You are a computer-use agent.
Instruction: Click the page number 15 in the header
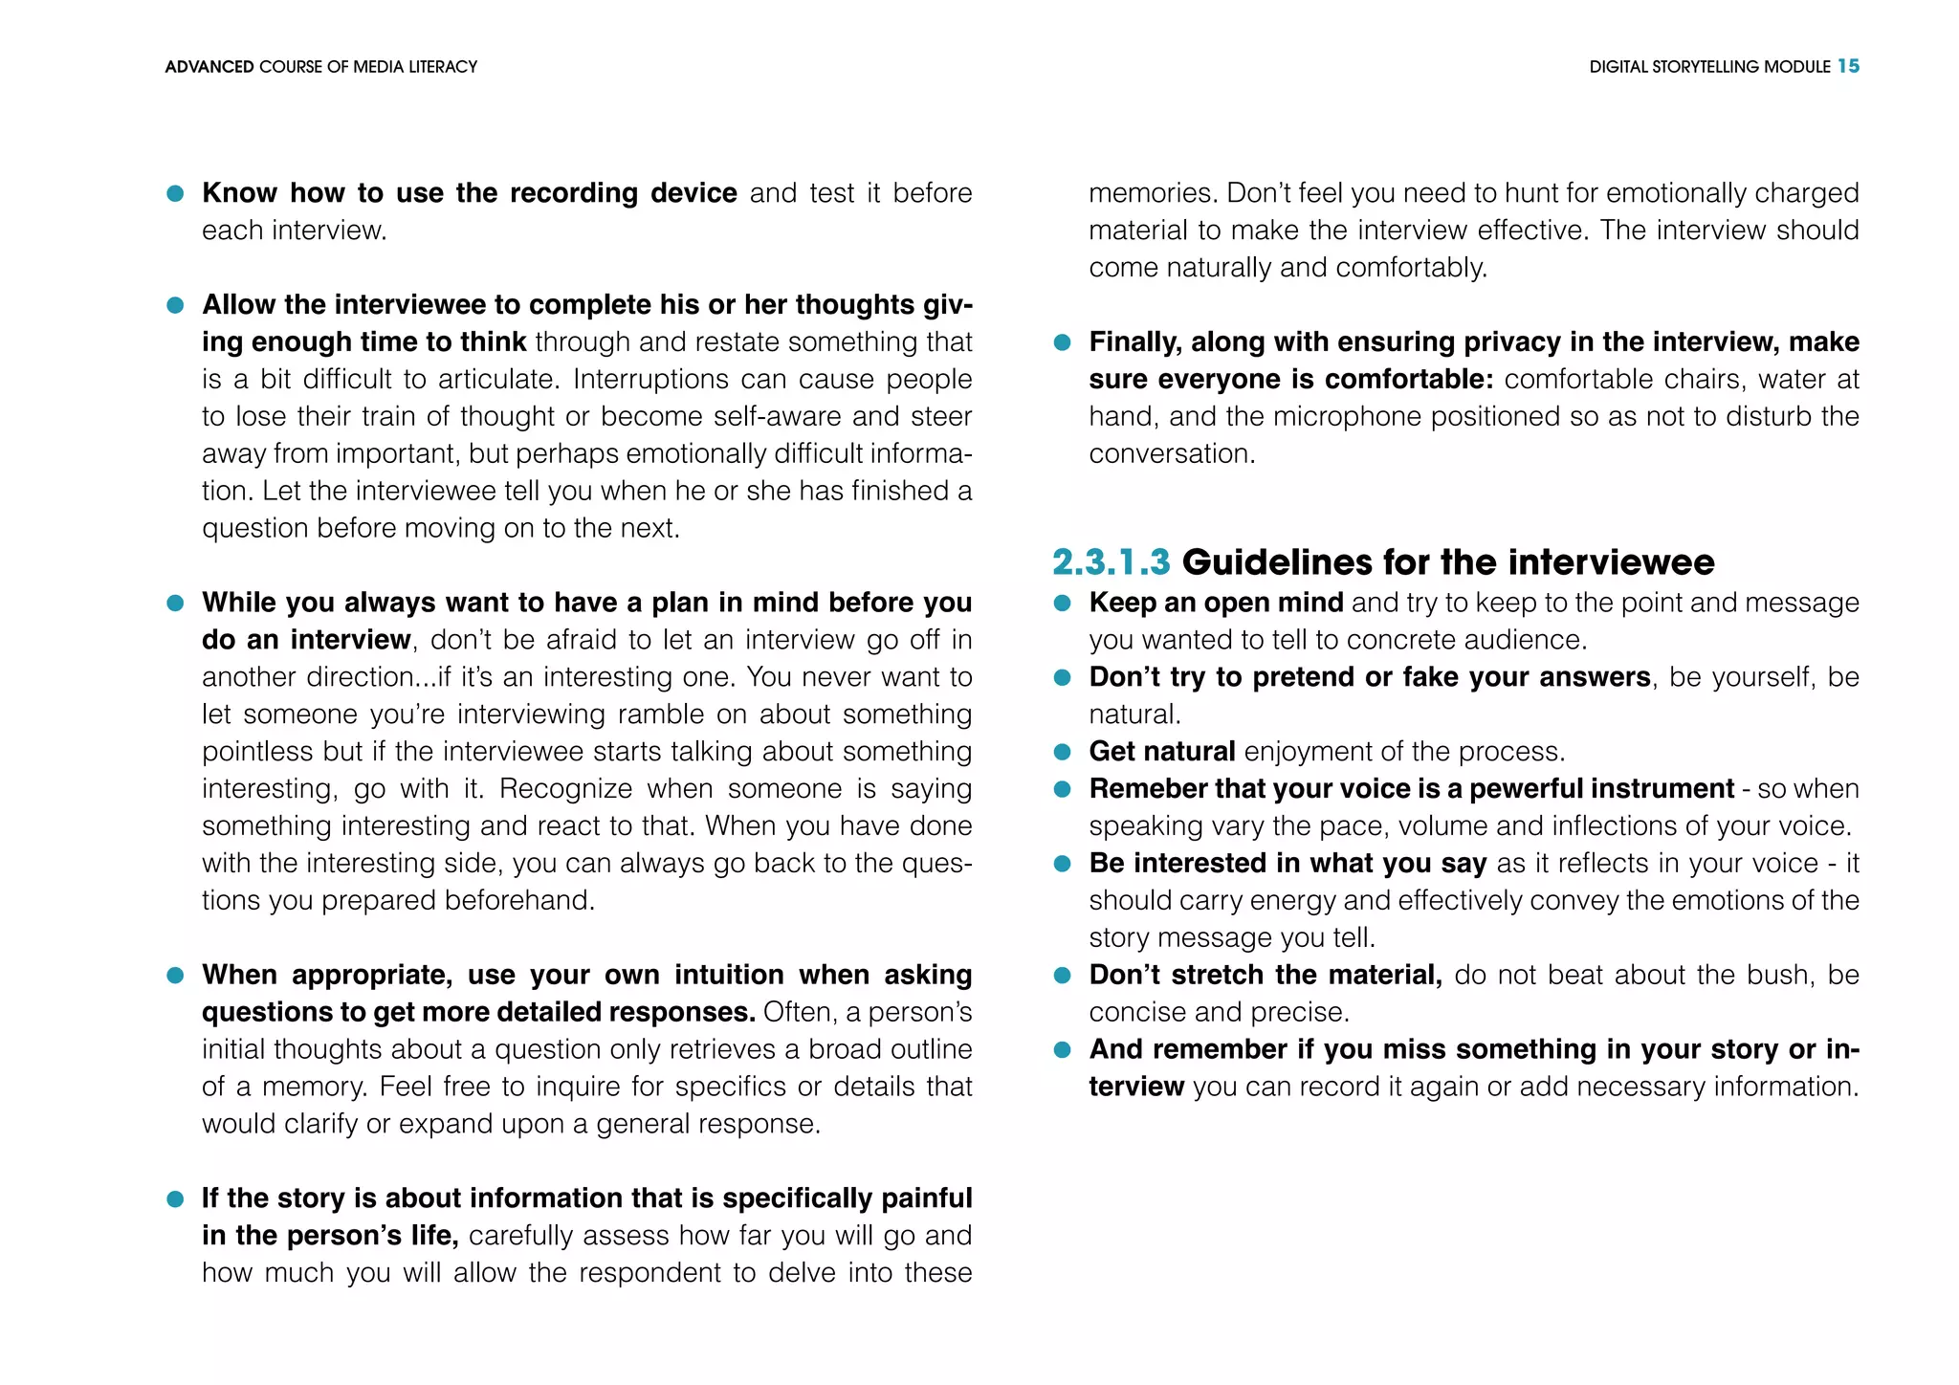coord(1848,66)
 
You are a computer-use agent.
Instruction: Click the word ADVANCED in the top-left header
coord(209,67)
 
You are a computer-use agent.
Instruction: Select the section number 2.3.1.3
coord(1111,562)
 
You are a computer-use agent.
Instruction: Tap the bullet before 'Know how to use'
coord(175,193)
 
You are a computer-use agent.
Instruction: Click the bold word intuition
coord(729,975)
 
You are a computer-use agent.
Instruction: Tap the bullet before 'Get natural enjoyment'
coord(1062,752)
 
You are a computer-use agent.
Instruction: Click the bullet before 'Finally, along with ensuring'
coord(1062,342)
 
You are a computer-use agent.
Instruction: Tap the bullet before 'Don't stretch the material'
coord(1062,976)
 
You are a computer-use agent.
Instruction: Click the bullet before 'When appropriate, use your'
coord(175,976)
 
